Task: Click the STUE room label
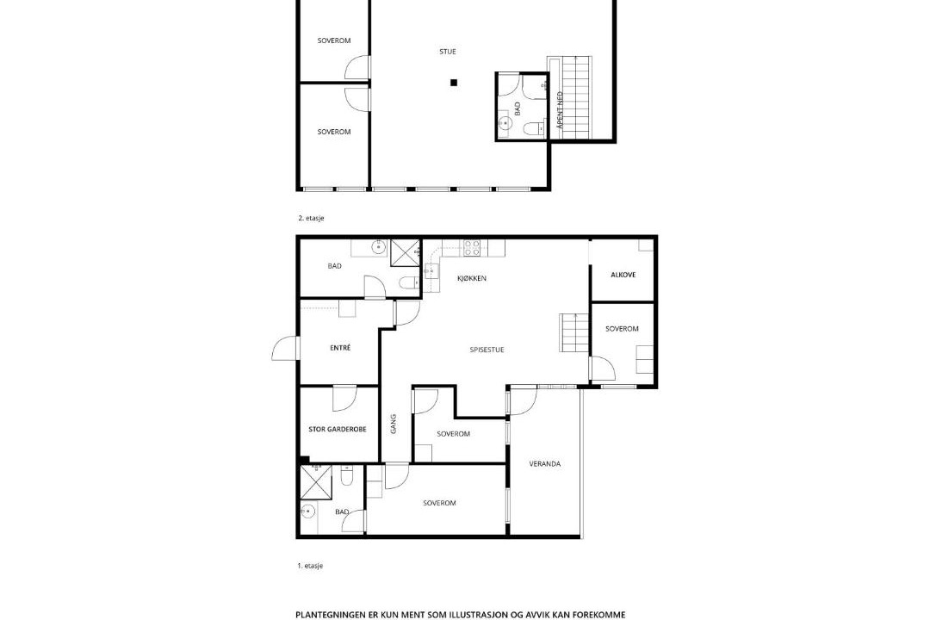coord(448,52)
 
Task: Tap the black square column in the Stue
coord(454,83)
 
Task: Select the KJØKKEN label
coord(472,278)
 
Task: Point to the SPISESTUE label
coord(487,350)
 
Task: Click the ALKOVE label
coord(623,275)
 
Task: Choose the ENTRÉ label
coord(340,348)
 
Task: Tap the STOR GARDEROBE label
coord(338,429)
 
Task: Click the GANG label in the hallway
coord(394,424)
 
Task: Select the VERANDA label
coord(545,464)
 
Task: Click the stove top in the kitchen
coord(472,248)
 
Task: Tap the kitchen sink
coord(431,272)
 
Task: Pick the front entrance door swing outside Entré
coord(285,349)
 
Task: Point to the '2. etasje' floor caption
coord(311,219)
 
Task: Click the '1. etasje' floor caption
coord(310,566)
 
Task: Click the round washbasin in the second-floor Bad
coord(505,123)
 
